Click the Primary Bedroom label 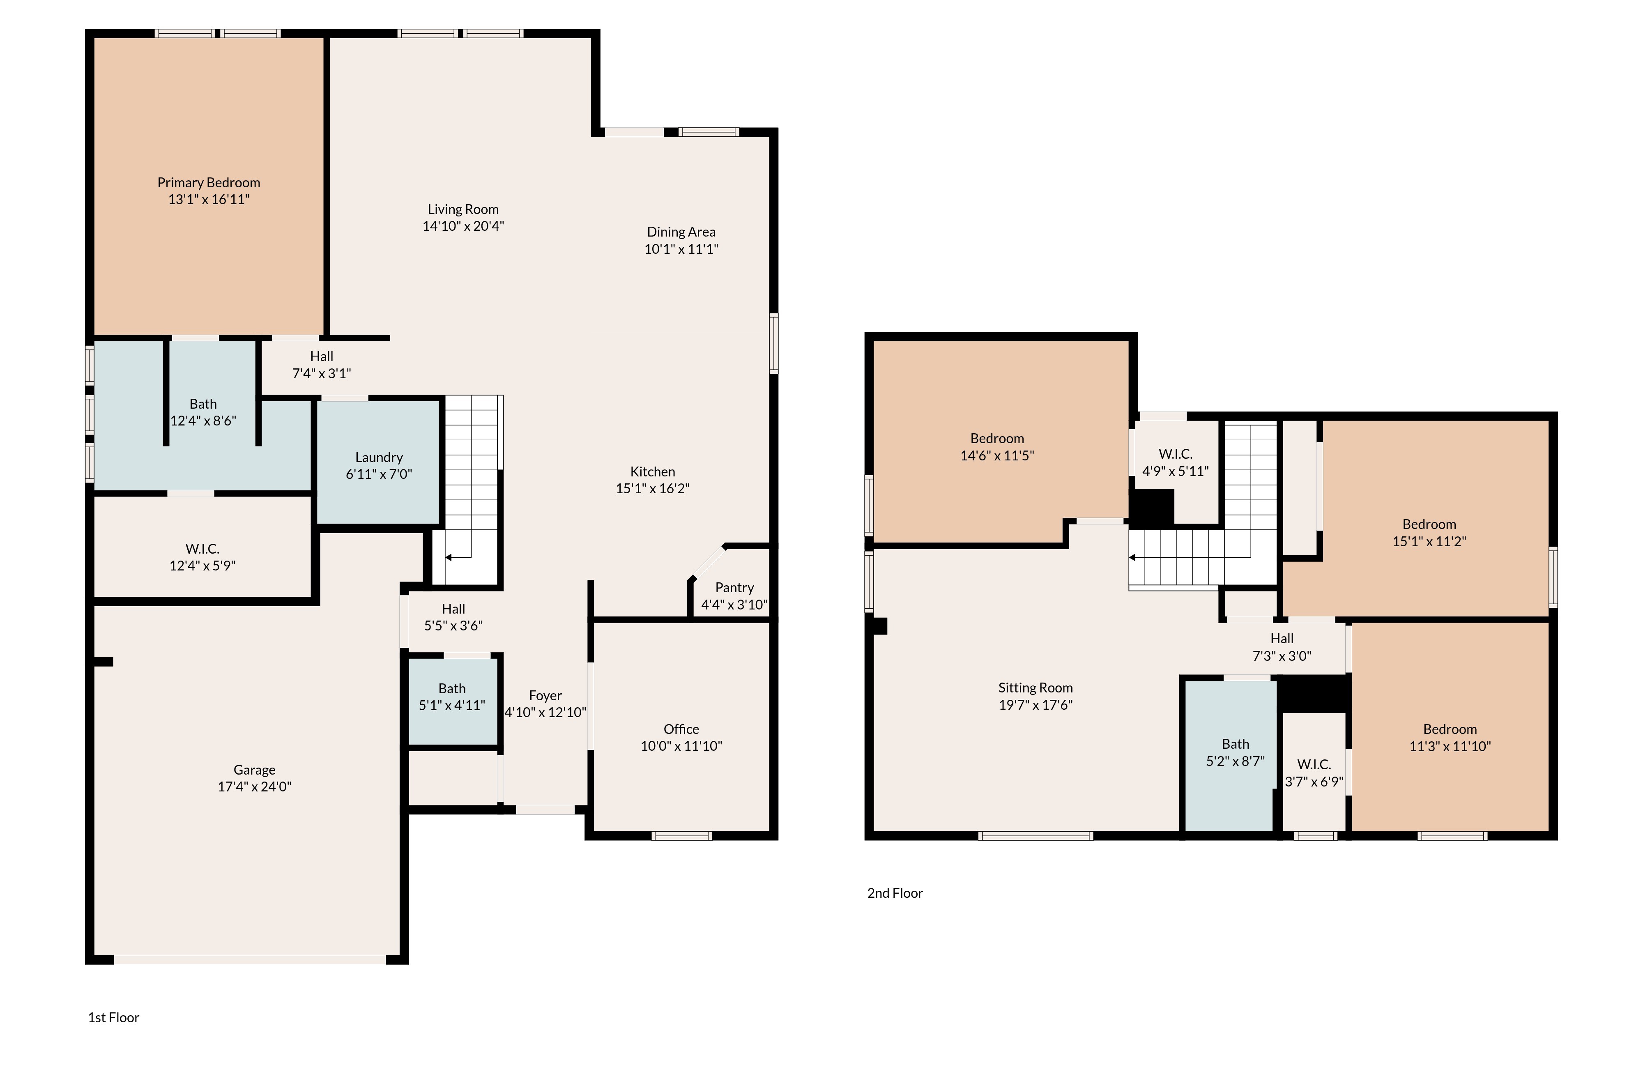coord(209,183)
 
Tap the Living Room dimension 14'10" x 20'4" coord(463,226)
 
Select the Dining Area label coord(681,232)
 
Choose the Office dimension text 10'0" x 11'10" coord(681,746)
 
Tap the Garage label coord(255,770)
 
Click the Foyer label coord(545,696)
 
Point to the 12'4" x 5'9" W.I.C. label coord(202,557)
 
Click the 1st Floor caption coord(113,1018)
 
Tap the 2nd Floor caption coord(895,893)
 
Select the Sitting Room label coord(1036,688)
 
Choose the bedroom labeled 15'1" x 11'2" coord(1429,533)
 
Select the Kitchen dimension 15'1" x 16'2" coord(652,489)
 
